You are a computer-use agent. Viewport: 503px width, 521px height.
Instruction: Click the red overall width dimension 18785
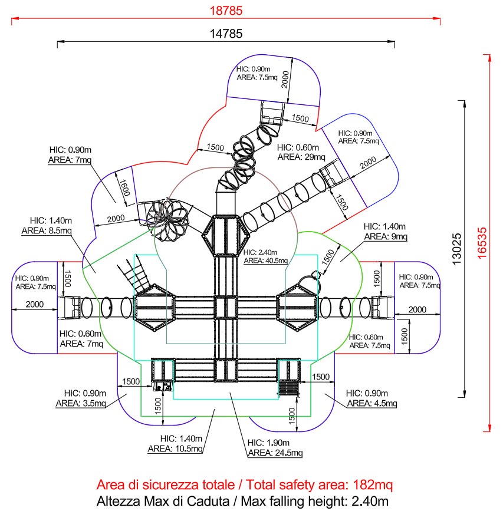pyautogui.click(x=226, y=11)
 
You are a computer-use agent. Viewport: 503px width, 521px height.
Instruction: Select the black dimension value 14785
pyautogui.click(x=226, y=34)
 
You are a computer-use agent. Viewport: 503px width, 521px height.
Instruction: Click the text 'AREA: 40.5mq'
pyautogui.click(x=266, y=260)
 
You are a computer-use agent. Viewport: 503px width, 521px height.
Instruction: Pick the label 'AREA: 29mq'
pyautogui.click(x=301, y=157)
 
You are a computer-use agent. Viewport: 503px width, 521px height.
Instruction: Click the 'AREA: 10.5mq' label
pyautogui.click(x=181, y=449)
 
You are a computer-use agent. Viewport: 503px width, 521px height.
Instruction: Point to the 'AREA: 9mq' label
pyautogui.click(x=385, y=236)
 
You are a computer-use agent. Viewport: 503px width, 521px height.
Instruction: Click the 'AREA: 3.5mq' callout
pyautogui.click(x=81, y=404)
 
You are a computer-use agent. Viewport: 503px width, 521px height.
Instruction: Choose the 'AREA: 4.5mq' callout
pyautogui.click(x=372, y=404)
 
